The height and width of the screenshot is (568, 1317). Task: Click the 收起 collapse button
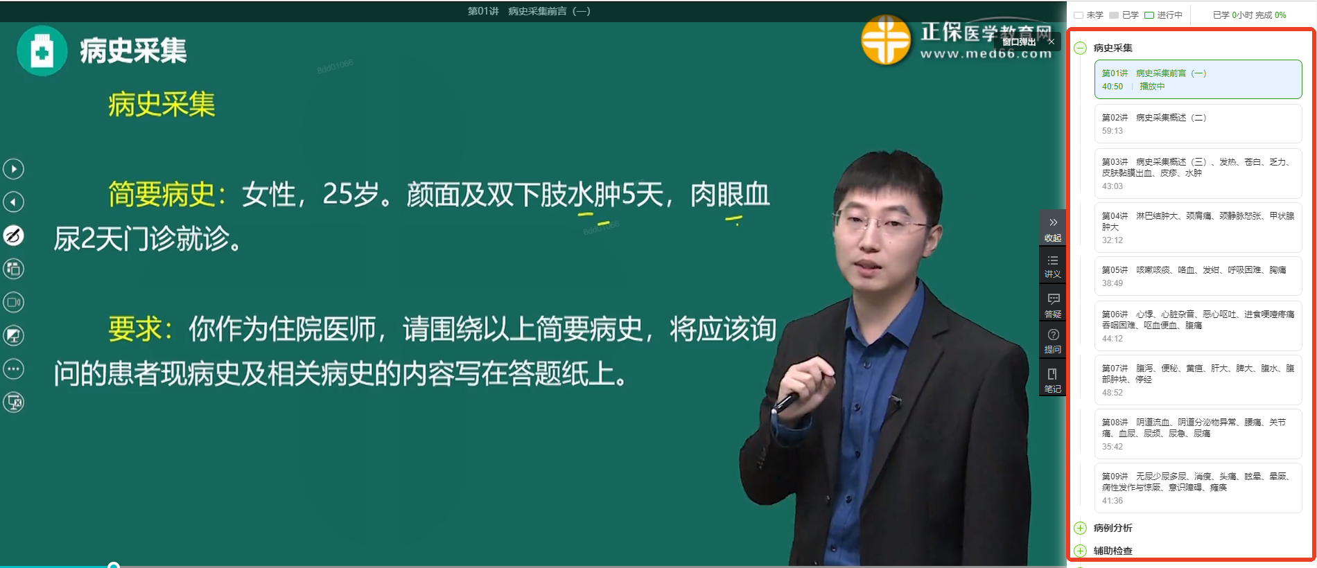(x=1052, y=228)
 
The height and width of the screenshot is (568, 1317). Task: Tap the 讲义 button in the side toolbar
(x=1052, y=266)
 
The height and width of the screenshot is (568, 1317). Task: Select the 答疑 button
(x=1052, y=305)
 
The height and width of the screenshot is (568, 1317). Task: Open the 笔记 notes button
(x=1052, y=380)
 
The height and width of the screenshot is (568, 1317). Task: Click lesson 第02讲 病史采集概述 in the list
(x=1198, y=124)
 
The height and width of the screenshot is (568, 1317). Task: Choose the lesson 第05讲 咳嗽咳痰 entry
(x=1198, y=276)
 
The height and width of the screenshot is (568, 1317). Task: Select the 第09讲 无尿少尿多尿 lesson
(x=1198, y=488)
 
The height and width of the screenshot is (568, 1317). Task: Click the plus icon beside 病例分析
(x=1080, y=528)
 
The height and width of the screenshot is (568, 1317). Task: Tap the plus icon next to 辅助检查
(x=1080, y=551)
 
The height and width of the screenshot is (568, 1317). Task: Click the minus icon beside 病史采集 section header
(x=1080, y=48)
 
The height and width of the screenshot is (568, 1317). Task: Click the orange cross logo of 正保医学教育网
(x=886, y=39)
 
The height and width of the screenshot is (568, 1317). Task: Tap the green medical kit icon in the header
(x=42, y=51)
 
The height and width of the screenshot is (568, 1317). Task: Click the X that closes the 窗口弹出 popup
(x=1052, y=42)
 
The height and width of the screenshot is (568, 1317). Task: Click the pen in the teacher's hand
(x=787, y=402)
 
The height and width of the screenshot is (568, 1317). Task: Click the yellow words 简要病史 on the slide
(x=162, y=195)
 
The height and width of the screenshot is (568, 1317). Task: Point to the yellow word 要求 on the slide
(x=134, y=329)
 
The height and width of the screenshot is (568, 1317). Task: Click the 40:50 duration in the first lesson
(x=1113, y=87)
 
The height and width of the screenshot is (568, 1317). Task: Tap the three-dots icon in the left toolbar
(x=14, y=369)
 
